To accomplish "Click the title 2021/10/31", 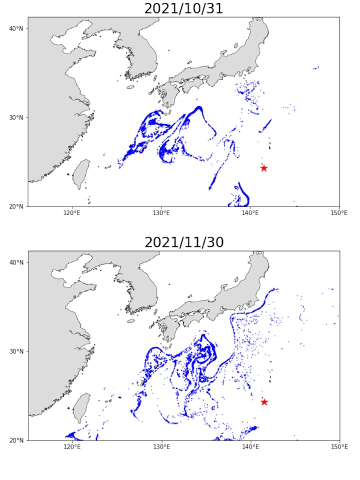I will pyautogui.click(x=183, y=8).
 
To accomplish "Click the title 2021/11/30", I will pyautogui.click(x=183, y=242).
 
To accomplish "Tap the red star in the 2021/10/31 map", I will pyautogui.click(x=263, y=168).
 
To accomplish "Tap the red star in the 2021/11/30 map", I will pyautogui.click(x=264, y=402).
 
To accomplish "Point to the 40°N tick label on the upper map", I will pyautogui.click(x=17, y=28).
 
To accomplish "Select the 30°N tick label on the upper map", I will pyautogui.click(x=17, y=117).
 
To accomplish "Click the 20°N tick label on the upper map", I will pyautogui.click(x=17, y=206).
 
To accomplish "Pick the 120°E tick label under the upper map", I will pyautogui.click(x=72, y=213).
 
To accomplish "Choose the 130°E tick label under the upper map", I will pyautogui.click(x=161, y=213).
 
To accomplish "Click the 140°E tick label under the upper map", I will pyautogui.click(x=250, y=213).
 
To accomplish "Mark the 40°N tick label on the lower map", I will pyautogui.click(x=17, y=262).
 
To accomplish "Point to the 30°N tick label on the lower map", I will pyautogui.click(x=17, y=351).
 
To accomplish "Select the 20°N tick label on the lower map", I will pyautogui.click(x=17, y=440).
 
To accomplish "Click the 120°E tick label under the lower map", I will pyautogui.click(x=73, y=447).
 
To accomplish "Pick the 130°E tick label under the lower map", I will pyautogui.click(x=161, y=447).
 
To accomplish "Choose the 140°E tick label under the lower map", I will pyautogui.click(x=250, y=447).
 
